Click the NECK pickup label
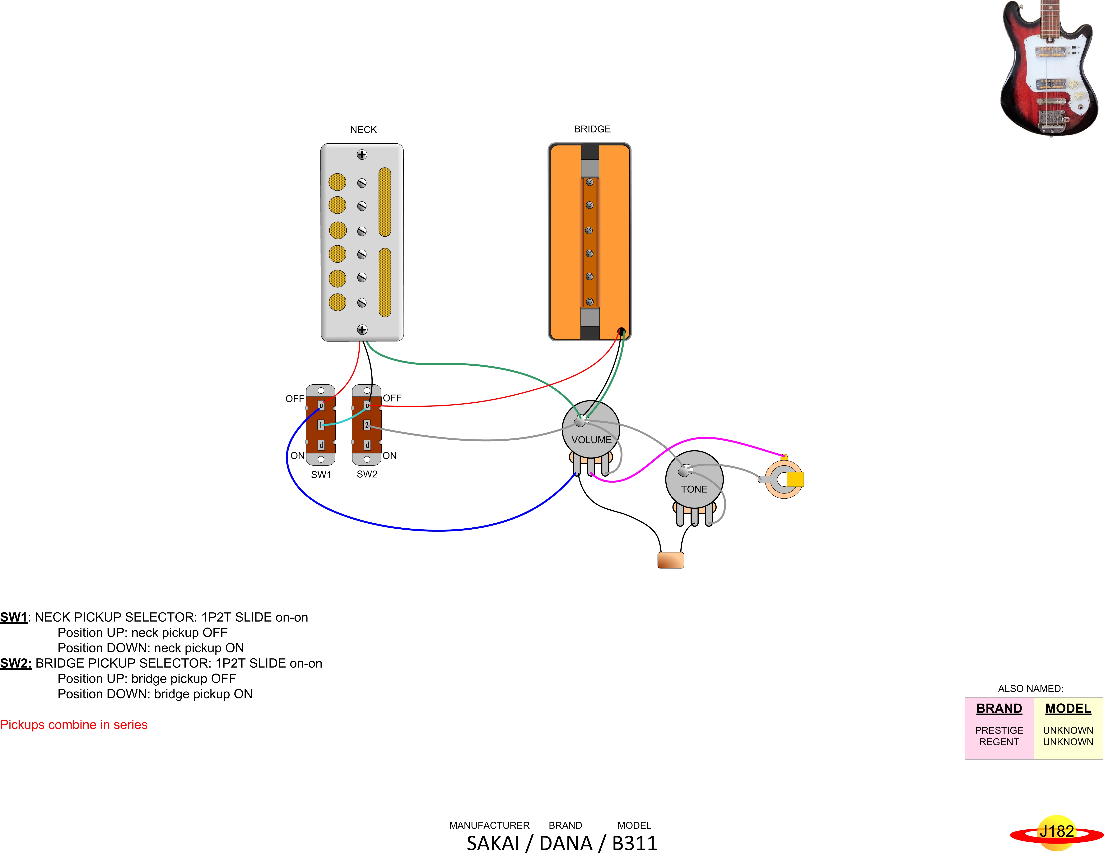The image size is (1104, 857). (x=363, y=130)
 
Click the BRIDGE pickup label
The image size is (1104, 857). (x=592, y=129)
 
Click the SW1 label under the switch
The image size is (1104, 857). (x=321, y=475)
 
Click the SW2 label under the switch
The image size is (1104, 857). (x=367, y=474)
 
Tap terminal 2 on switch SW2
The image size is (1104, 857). (x=367, y=425)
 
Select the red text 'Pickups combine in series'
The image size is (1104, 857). (x=74, y=725)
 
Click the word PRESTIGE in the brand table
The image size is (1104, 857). (x=999, y=730)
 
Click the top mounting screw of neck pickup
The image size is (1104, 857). (x=362, y=155)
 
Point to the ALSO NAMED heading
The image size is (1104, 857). (x=1030, y=689)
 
